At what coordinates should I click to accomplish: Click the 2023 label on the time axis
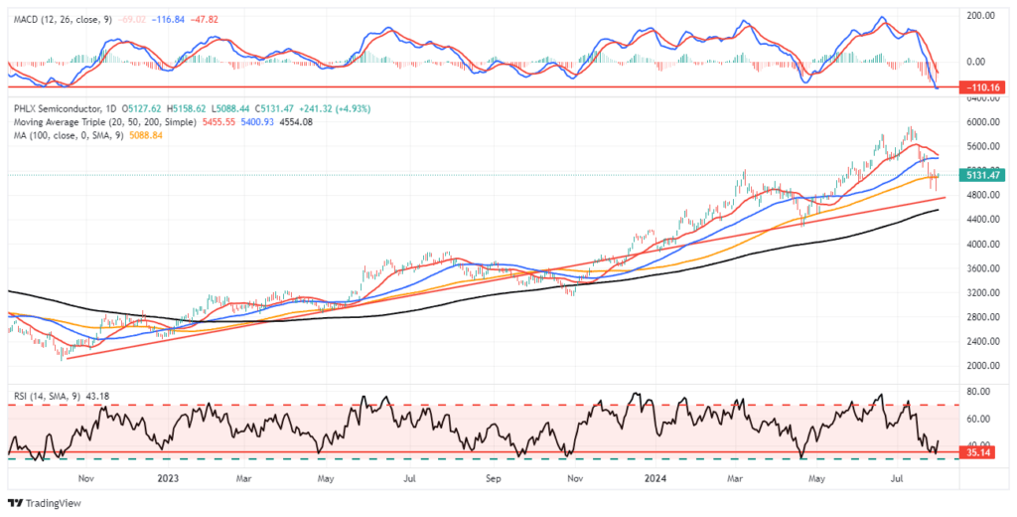(167, 477)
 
